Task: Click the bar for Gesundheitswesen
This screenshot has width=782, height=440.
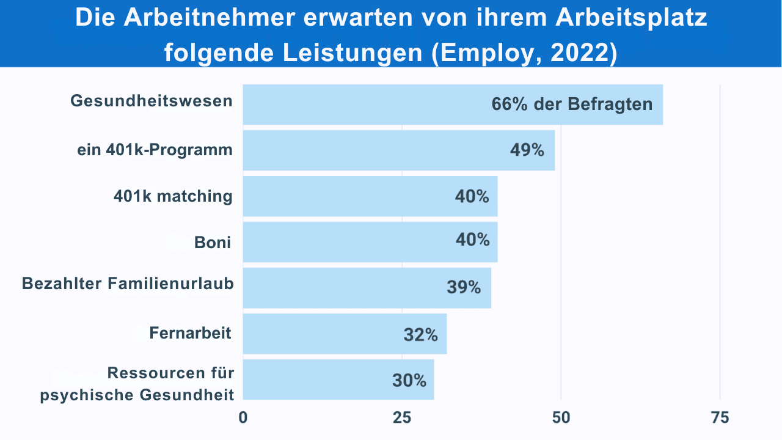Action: (x=367, y=105)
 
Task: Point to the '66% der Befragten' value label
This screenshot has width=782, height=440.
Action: (x=572, y=105)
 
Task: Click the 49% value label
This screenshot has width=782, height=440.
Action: (x=527, y=150)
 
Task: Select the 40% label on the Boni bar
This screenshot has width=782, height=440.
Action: (x=472, y=240)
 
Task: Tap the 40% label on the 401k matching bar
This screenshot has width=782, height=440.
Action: (x=472, y=197)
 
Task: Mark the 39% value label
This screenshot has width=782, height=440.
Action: (x=464, y=287)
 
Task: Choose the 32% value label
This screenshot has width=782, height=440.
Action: (x=420, y=335)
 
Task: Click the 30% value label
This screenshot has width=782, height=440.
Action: (x=409, y=380)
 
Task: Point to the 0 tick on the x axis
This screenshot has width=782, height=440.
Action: (x=243, y=418)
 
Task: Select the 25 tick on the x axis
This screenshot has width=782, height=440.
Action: (x=401, y=418)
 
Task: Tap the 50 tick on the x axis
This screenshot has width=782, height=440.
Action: (x=561, y=418)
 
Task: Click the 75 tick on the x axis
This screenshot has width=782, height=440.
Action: (x=720, y=418)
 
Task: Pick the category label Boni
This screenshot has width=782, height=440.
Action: (x=213, y=242)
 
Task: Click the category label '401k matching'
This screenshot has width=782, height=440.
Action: (x=173, y=196)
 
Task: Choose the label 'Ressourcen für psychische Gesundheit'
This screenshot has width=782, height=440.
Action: (x=137, y=384)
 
